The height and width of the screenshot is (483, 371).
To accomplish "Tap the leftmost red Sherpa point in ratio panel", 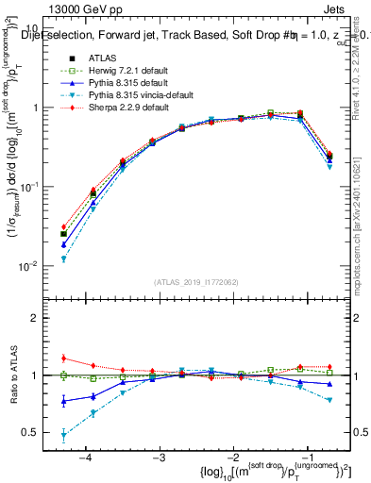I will tap(63, 358).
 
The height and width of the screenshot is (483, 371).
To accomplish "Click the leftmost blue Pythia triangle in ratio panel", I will tap(63, 401).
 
